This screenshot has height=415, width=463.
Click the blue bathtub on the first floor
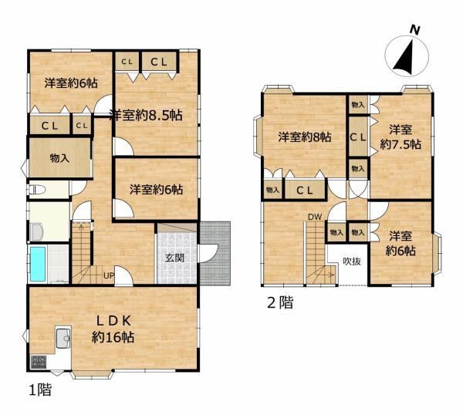pyautogui.click(x=38, y=264)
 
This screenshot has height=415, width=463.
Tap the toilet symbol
pyautogui.click(x=36, y=190)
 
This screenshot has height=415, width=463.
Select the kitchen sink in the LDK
pyautogui.click(x=63, y=338)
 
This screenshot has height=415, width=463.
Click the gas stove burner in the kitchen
pyautogui.click(x=39, y=363)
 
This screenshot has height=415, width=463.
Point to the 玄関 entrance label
pyautogui.click(x=175, y=258)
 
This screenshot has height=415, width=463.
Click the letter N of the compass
pyautogui.click(x=414, y=30)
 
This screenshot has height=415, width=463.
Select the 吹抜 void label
pyautogui.click(x=352, y=261)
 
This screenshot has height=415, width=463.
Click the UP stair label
pyautogui.click(x=108, y=275)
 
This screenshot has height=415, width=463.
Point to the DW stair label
pyautogui.click(x=315, y=217)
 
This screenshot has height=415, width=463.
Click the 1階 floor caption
pyautogui.click(x=40, y=390)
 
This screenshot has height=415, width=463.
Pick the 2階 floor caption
pyautogui.click(x=280, y=302)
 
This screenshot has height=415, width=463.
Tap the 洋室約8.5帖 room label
pyautogui.click(x=146, y=115)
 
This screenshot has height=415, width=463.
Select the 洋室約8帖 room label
pyautogui.click(x=305, y=137)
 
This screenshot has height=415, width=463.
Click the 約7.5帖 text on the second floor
pyautogui.click(x=400, y=144)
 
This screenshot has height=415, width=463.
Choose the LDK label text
pyautogui.click(x=113, y=321)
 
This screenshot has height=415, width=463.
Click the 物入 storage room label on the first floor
pyautogui.click(x=59, y=158)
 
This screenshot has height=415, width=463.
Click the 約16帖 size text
pyautogui.click(x=113, y=337)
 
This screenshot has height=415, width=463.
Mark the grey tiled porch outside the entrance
pyautogui.click(x=215, y=253)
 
